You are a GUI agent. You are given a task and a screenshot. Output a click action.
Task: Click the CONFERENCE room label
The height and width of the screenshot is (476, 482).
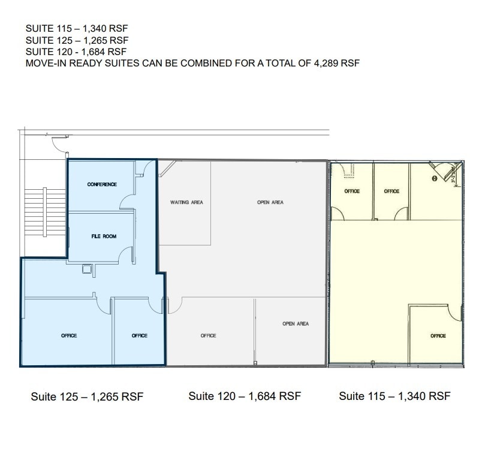click(102, 184)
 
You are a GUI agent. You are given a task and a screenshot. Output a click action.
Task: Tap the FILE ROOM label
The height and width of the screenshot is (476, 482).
click(104, 237)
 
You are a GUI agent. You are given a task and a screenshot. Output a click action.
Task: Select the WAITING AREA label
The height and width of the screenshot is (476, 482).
click(186, 202)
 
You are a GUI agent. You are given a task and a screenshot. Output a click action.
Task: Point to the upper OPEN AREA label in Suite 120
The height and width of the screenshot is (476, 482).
click(270, 202)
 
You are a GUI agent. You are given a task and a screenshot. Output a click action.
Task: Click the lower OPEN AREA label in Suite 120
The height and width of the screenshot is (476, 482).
click(296, 324)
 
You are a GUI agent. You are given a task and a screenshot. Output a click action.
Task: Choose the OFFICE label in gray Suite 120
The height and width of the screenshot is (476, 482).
click(208, 336)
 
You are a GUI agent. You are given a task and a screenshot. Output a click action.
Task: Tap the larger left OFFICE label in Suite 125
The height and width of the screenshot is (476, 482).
click(69, 336)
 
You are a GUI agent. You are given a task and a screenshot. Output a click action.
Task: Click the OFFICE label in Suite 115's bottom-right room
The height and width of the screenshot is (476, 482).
click(438, 336)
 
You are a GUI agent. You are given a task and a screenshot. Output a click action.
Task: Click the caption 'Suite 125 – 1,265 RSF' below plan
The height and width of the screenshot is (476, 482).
click(87, 397)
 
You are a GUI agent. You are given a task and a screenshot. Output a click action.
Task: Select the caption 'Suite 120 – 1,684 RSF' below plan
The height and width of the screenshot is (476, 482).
click(245, 396)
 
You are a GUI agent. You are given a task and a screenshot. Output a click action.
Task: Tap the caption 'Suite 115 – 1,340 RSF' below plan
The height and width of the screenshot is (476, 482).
click(394, 396)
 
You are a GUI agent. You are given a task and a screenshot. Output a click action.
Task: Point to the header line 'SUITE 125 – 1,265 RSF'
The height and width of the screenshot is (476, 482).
click(77, 40)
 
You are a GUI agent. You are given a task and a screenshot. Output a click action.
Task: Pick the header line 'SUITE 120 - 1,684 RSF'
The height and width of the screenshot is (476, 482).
click(77, 51)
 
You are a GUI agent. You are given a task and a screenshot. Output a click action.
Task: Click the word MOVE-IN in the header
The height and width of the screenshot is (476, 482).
click(44, 63)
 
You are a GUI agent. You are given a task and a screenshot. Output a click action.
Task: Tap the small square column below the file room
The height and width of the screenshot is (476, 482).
click(88, 270)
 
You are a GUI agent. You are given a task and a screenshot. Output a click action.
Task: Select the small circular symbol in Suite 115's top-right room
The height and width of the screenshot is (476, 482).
click(434, 178)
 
